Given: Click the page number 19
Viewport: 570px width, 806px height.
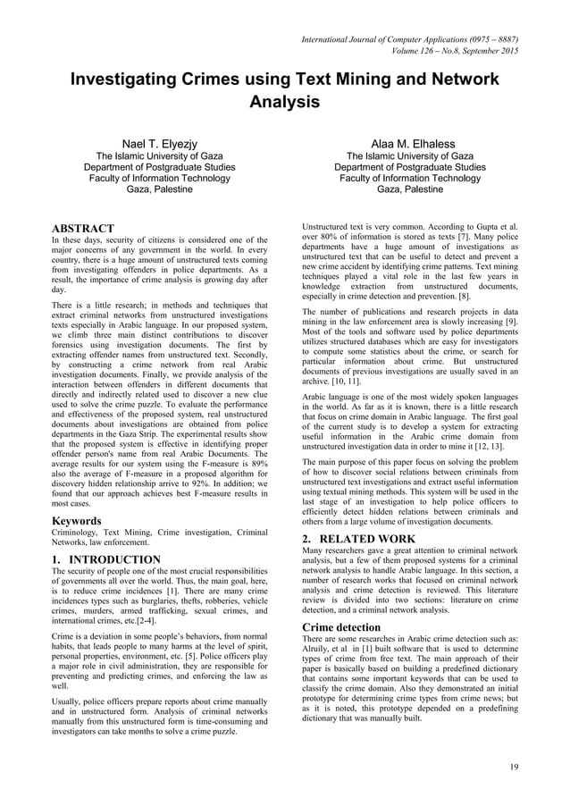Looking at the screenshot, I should (514, 767).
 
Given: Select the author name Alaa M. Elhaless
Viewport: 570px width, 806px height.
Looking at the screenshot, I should (409, 144).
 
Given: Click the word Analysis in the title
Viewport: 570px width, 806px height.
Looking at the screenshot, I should (284, 102).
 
